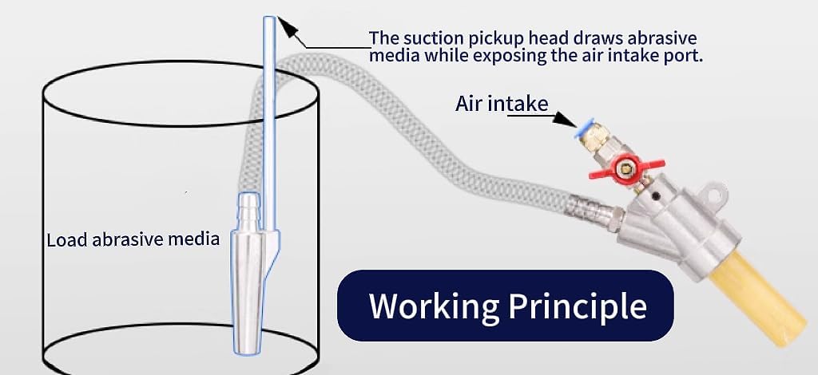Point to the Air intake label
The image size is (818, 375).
click(502, 104)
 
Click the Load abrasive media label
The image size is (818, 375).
click(133, 239)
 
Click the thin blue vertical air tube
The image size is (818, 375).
click(270, 125)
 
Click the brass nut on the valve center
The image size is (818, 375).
click(624, 168)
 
